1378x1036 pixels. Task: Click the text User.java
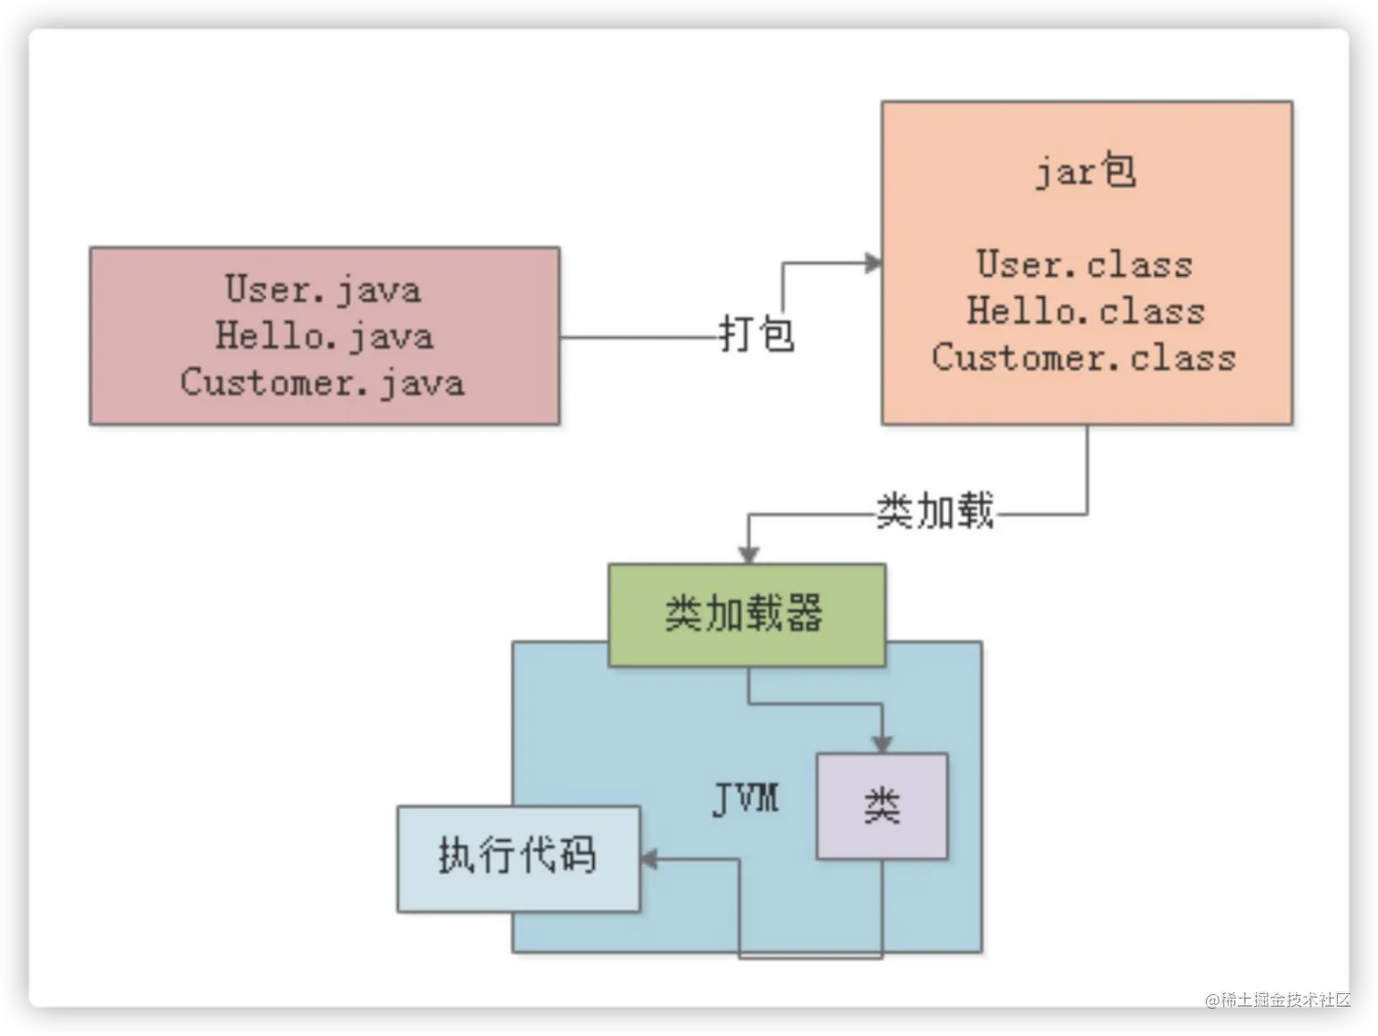324,290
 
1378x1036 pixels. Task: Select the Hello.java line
324,336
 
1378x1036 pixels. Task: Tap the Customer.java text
323,383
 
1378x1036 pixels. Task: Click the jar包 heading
1085,171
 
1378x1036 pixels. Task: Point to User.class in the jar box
1085,264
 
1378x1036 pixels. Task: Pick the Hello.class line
1085,311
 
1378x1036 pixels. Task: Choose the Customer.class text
1084,357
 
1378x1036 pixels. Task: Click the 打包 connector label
756,333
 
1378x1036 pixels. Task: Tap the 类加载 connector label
935,511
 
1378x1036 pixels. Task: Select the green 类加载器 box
746,614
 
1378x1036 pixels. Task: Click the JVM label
746,799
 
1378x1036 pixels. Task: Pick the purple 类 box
881,806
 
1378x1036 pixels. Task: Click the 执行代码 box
518,857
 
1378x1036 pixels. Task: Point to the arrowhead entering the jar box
874,263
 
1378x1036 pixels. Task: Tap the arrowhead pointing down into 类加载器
748,555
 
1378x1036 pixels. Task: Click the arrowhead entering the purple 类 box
881,744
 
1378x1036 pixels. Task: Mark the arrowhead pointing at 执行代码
649,858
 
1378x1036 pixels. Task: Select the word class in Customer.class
1183,357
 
